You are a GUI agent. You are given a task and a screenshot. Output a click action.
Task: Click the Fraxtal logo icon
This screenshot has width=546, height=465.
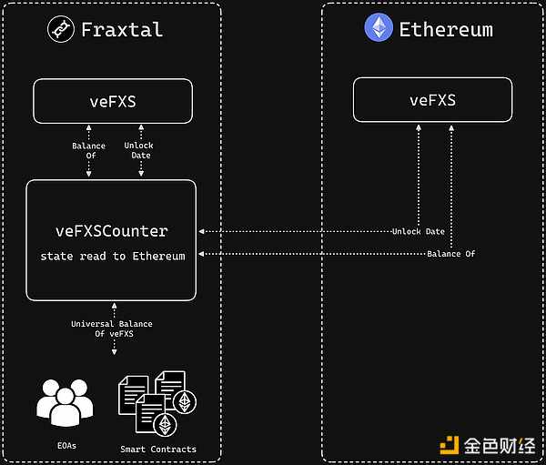coord(61,29)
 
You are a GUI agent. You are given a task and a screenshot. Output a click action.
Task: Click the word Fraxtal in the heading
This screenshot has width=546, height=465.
coord(122,29)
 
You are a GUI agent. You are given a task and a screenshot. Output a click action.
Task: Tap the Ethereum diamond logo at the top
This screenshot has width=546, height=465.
coord(379,27)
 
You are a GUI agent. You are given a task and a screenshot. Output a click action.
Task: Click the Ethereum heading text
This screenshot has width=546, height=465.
coord(446,29)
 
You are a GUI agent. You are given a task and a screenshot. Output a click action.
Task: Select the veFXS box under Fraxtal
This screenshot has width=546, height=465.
coord(113,101)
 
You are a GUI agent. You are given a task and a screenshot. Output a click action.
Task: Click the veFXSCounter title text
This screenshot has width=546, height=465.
coord(112,231)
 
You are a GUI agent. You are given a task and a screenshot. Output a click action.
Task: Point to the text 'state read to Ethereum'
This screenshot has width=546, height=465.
coord(112,257)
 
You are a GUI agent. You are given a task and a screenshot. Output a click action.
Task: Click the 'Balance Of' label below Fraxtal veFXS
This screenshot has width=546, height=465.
coord(88,150)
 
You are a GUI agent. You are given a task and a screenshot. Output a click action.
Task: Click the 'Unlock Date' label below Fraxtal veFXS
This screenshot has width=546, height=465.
coord(138,150)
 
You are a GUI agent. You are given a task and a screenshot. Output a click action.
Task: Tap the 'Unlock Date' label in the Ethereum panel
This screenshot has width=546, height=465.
coord(419,231)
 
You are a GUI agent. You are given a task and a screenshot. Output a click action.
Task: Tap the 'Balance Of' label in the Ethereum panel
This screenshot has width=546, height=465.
coord(450,253)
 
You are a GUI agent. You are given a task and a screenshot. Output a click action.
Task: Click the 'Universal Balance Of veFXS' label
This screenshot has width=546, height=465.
coord(112,329)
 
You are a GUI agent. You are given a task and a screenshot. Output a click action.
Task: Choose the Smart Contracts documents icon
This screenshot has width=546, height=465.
coord(157,401)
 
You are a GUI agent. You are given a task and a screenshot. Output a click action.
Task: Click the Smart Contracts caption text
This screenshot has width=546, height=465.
coord(158,449)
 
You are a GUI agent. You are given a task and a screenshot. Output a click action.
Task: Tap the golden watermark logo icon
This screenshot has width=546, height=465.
coord(449,445)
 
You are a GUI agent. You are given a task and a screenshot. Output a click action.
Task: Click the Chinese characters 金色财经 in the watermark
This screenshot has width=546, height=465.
coord(497,445)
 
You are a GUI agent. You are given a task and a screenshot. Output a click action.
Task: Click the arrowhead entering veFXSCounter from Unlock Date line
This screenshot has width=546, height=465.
coord(202,231)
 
